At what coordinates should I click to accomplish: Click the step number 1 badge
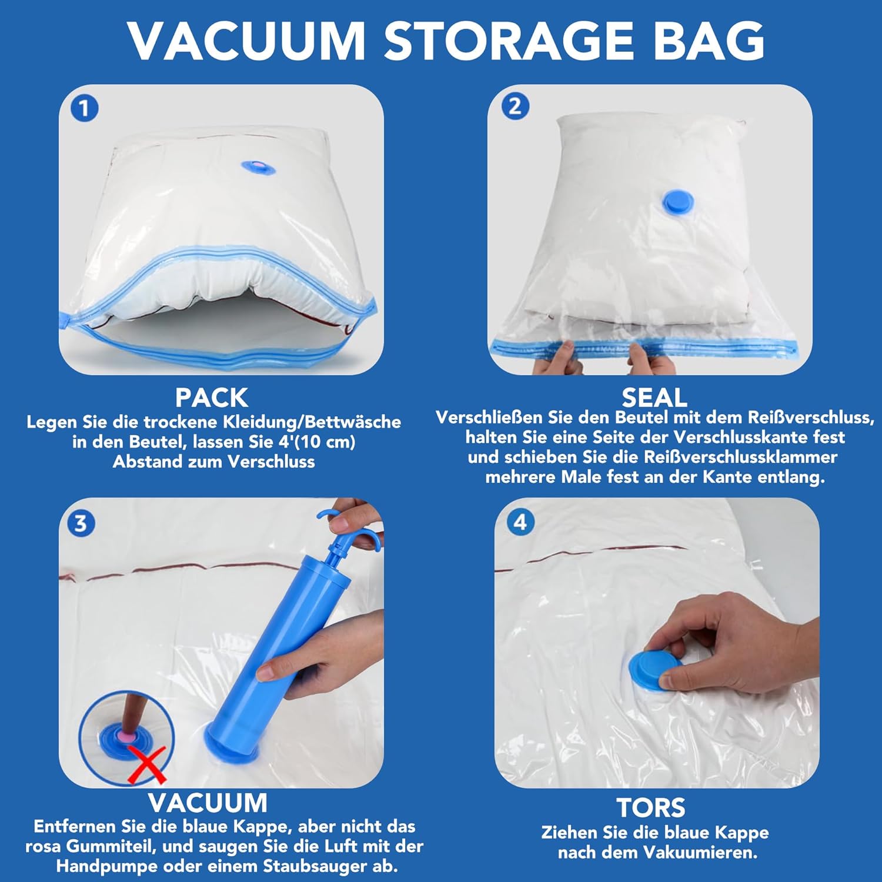[84, 109]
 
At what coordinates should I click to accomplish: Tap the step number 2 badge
[515, 106]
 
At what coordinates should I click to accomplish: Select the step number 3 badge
[81, 523]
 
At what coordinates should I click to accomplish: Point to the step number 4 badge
[520, 522]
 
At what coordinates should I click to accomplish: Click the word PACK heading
[212, 398]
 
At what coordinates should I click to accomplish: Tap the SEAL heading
[654, 398]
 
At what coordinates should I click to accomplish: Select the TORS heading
[651, 808]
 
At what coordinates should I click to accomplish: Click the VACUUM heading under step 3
[208, 803]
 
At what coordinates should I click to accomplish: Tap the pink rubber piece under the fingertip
[127, 735]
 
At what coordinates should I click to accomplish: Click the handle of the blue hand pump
[346, 529]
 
